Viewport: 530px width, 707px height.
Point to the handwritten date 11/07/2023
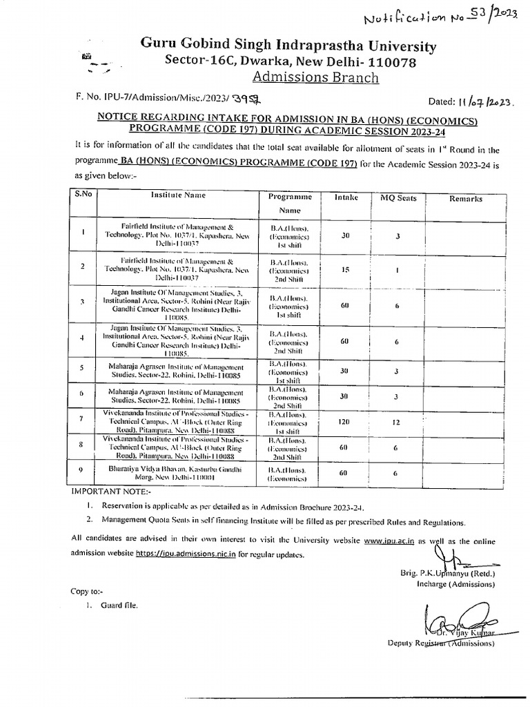click(480, 102)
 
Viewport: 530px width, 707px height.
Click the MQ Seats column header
click(399, 198)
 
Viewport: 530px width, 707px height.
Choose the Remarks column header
click(466, 199)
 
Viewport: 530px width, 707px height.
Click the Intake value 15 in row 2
click(346, 270)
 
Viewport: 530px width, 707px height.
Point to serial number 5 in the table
click(82, 367)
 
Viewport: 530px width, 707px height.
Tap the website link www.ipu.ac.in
click(389, 542)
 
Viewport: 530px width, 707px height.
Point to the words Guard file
click(119, 606)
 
